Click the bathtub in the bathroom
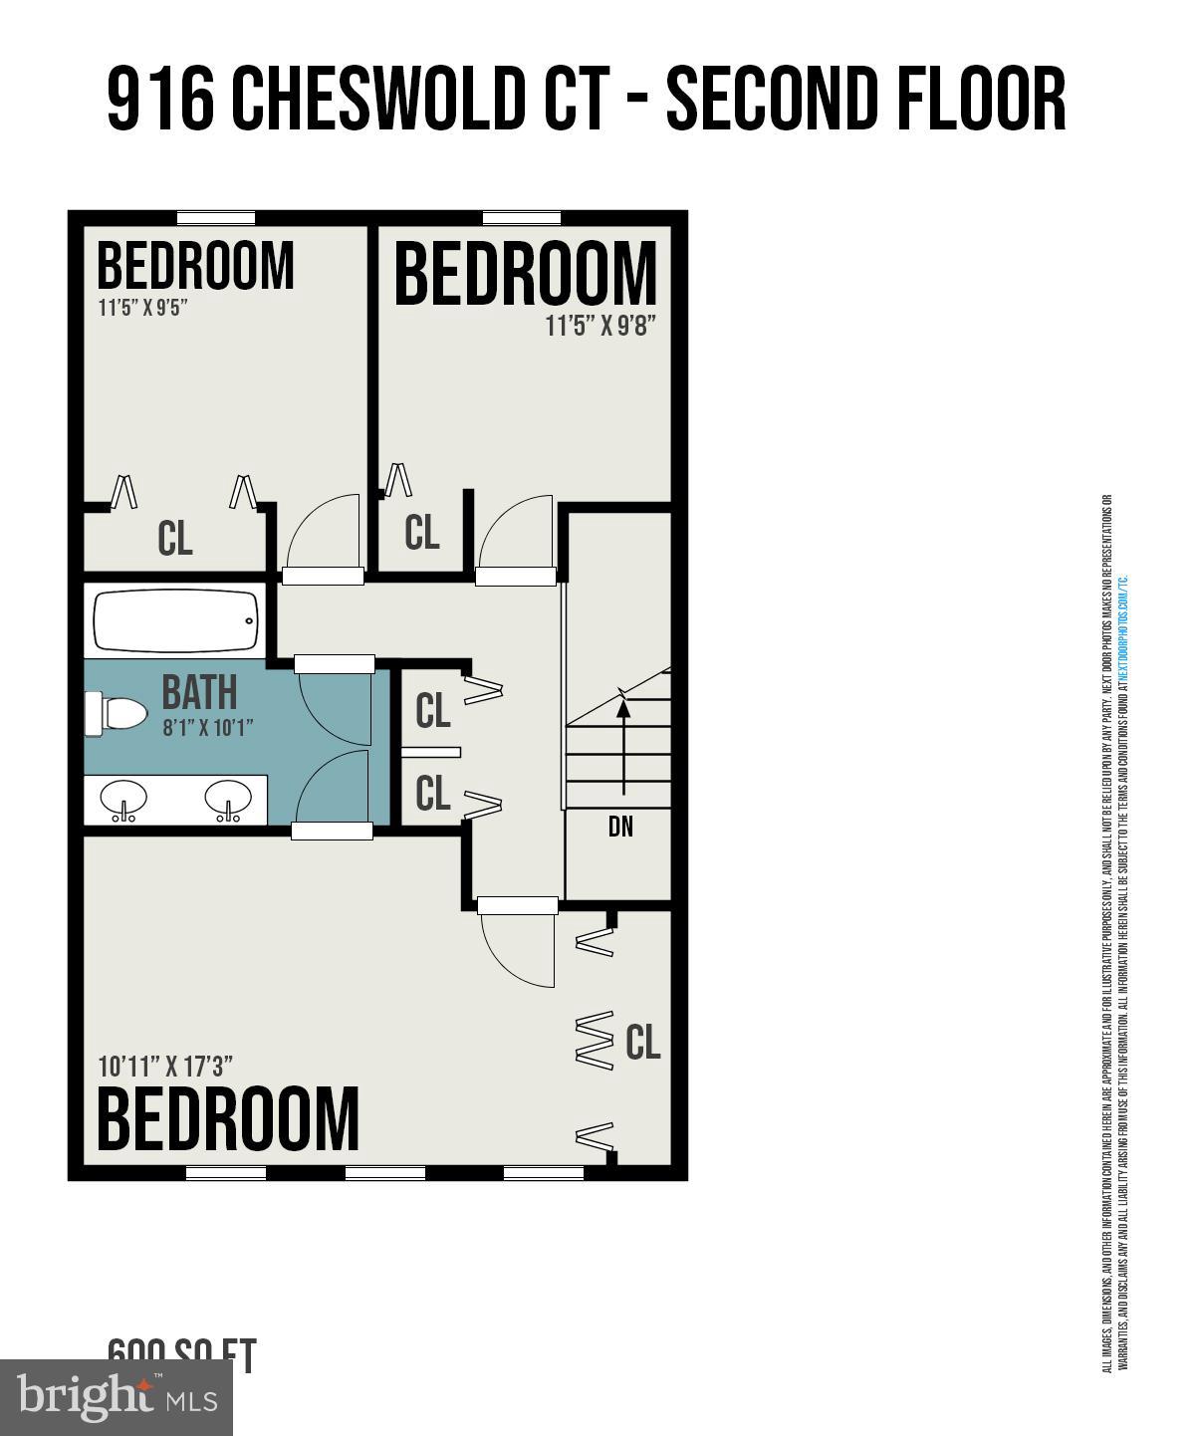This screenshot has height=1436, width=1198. click(175, 620)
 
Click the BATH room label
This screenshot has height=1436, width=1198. click(199, 691)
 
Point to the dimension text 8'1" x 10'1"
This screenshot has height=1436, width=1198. click(207, 727)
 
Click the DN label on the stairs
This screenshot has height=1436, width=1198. click(620, 827)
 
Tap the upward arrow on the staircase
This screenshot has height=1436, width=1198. click(623, 747)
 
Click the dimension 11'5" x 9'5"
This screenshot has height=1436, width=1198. click(142, 307)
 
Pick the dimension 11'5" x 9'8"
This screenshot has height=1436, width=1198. click(600, 326)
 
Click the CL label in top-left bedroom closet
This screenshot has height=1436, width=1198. click(174, 539)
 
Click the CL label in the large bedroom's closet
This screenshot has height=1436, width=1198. click(642, 1042)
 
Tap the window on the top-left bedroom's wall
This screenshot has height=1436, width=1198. click(216, 218)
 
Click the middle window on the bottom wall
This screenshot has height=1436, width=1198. click(385, 1173)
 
